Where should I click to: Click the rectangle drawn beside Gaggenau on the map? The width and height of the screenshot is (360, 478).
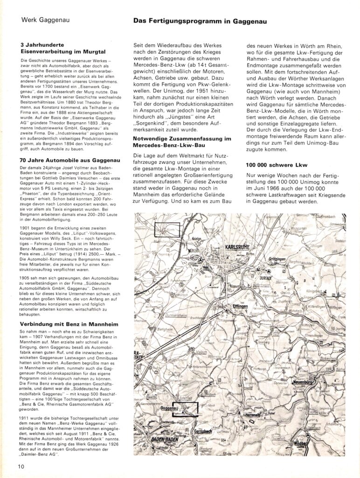click(185, 408)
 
